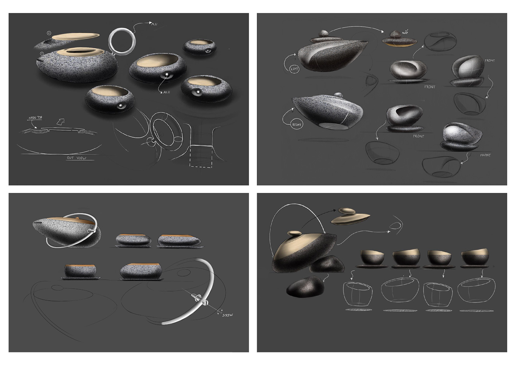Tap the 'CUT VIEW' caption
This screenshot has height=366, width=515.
point(77,158)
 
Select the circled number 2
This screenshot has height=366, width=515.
point(49,33)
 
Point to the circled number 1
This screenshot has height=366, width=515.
point(42,53)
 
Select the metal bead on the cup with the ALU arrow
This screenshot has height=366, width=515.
point(167,76)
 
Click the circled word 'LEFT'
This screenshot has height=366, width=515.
point(295,69)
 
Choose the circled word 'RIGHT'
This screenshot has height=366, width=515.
point(296,125)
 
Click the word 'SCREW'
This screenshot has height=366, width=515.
point(227,315)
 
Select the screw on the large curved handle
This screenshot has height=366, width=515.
point(198,298)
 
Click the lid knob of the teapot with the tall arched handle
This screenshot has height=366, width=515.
point(294,233)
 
